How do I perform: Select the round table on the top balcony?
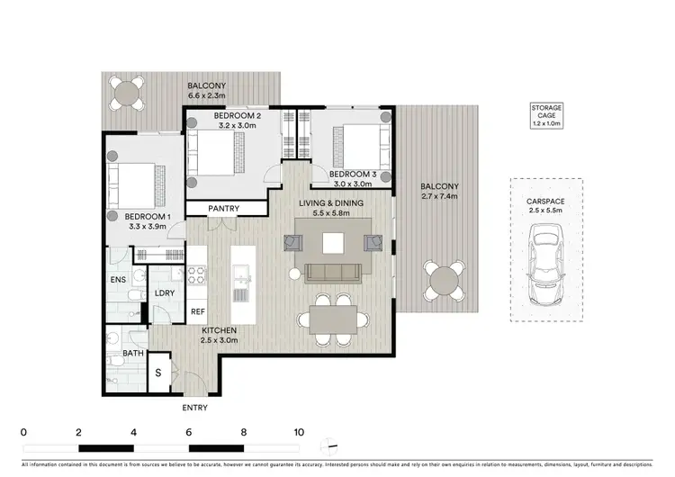click(127, 92)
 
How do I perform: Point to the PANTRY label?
click(223, 209)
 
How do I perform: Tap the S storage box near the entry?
click(159, 373)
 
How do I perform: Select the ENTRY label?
click(194, 408)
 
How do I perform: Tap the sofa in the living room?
click(334, 272)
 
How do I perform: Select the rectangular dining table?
click(334, 318)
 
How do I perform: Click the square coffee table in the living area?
click(334, 241)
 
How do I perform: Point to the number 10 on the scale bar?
click(299, 432)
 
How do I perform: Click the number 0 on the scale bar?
click(23, 432)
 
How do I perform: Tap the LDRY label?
click(165, 293)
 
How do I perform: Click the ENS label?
click(118, 280)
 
